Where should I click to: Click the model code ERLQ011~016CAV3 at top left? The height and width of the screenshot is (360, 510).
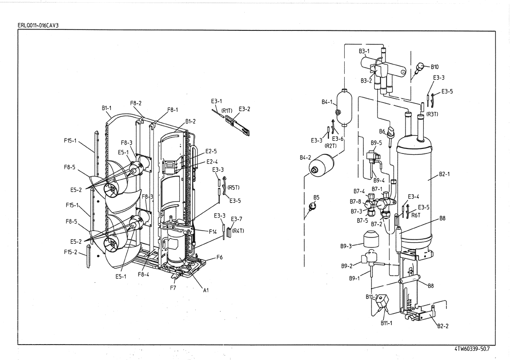tap(38, 25)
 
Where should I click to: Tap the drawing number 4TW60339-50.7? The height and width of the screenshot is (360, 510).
tap(471, 349)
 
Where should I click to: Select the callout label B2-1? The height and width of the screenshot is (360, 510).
tap(444, 174)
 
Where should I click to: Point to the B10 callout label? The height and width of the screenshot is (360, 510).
tap(435, 67)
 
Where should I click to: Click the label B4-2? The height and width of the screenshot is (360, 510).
tap(305, 158)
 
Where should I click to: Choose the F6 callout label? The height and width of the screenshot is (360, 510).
tap(219, 257)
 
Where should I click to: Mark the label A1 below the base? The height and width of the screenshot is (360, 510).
tap(206, 290)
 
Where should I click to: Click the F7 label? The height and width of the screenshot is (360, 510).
tap(173, 288)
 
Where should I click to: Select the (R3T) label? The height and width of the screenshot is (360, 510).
tap(432, 114)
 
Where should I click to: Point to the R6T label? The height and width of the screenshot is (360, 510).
tap(416, 215)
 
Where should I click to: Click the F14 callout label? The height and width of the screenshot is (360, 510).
tap(213, 232)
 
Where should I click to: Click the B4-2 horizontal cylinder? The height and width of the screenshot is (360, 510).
tap(322, 166)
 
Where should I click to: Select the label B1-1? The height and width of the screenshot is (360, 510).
tap(106, 108)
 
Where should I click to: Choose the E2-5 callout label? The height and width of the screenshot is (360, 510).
tap(211, 151)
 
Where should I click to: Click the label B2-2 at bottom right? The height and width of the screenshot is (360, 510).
tap(443, 326)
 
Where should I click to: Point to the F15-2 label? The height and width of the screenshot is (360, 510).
tap(70, 252)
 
